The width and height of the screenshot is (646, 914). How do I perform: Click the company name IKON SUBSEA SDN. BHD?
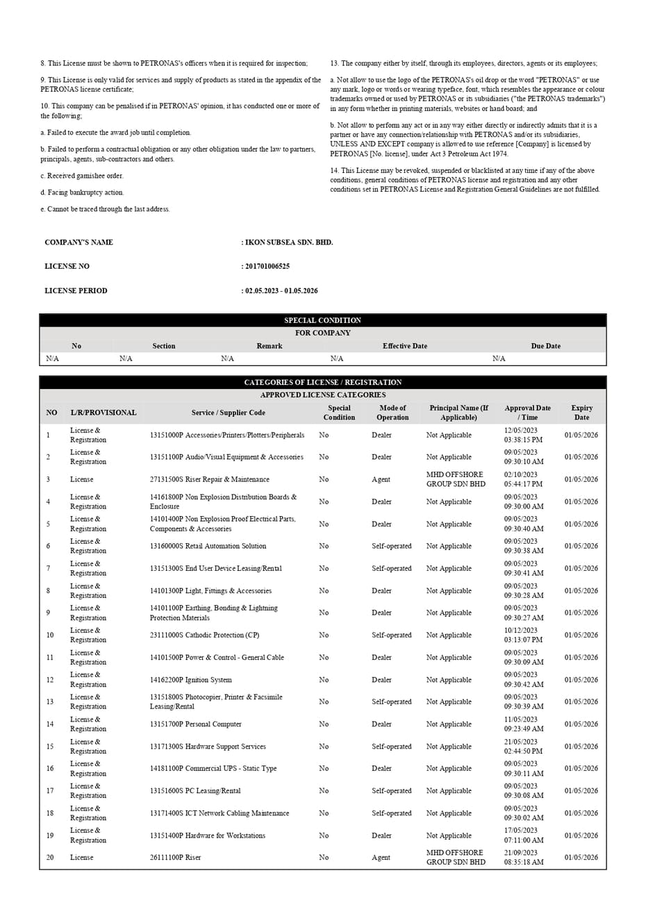[x=288, y=242]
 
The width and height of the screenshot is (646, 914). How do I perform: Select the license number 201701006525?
[x=267, y=267]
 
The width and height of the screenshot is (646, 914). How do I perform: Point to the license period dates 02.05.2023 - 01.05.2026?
[x=281, y=291]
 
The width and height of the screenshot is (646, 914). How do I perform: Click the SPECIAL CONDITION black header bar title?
[x=322, y=320]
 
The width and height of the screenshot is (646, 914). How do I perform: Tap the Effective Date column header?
[x=405, y=346]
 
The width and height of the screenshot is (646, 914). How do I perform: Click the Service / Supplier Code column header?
[x=228, y=413]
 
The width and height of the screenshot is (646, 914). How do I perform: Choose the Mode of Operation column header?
[x=392, y=413]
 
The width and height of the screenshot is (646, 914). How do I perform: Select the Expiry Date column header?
[x=581, y=413]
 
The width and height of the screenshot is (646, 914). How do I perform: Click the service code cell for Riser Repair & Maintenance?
[x=209, y=479]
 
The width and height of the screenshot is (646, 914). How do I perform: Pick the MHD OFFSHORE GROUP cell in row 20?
[x=456, y=857]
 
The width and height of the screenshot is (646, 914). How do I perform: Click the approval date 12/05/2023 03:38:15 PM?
[x=523, y=435]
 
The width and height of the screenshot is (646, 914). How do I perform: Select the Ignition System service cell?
[x=190, y=680]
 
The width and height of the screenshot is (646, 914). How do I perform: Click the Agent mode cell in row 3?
[x=381, y=479]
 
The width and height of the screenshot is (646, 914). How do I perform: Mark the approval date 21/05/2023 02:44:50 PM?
[x=523, y=747]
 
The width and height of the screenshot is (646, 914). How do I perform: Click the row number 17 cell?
[x=50, y=791]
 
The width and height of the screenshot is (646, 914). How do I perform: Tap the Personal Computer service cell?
[x=195, y=724]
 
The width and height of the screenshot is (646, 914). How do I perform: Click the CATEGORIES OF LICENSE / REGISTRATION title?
[x=322, y=382]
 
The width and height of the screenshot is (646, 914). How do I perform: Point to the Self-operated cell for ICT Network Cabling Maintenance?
[x=391, y=813]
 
